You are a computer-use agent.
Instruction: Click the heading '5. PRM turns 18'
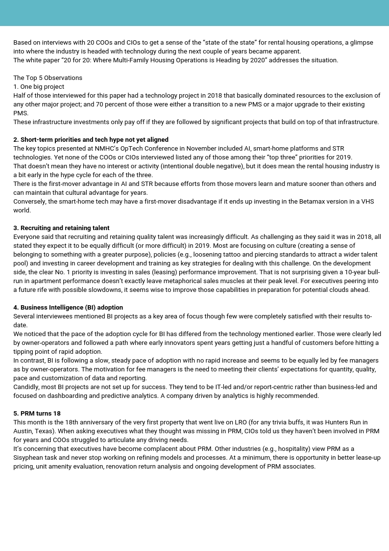[x=37, y=414]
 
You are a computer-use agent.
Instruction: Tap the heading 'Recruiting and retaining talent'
[x=61, y=228]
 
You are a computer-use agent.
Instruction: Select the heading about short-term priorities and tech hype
[x=91, y=140]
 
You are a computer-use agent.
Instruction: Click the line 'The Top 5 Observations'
[x=48, y=78]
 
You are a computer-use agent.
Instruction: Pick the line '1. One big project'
[x=39, y=87]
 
